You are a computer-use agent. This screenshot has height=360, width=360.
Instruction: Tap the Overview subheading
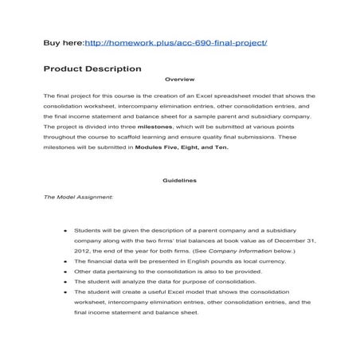pos(179,80)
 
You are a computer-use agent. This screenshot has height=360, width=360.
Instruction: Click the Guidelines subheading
pos(179,181)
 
